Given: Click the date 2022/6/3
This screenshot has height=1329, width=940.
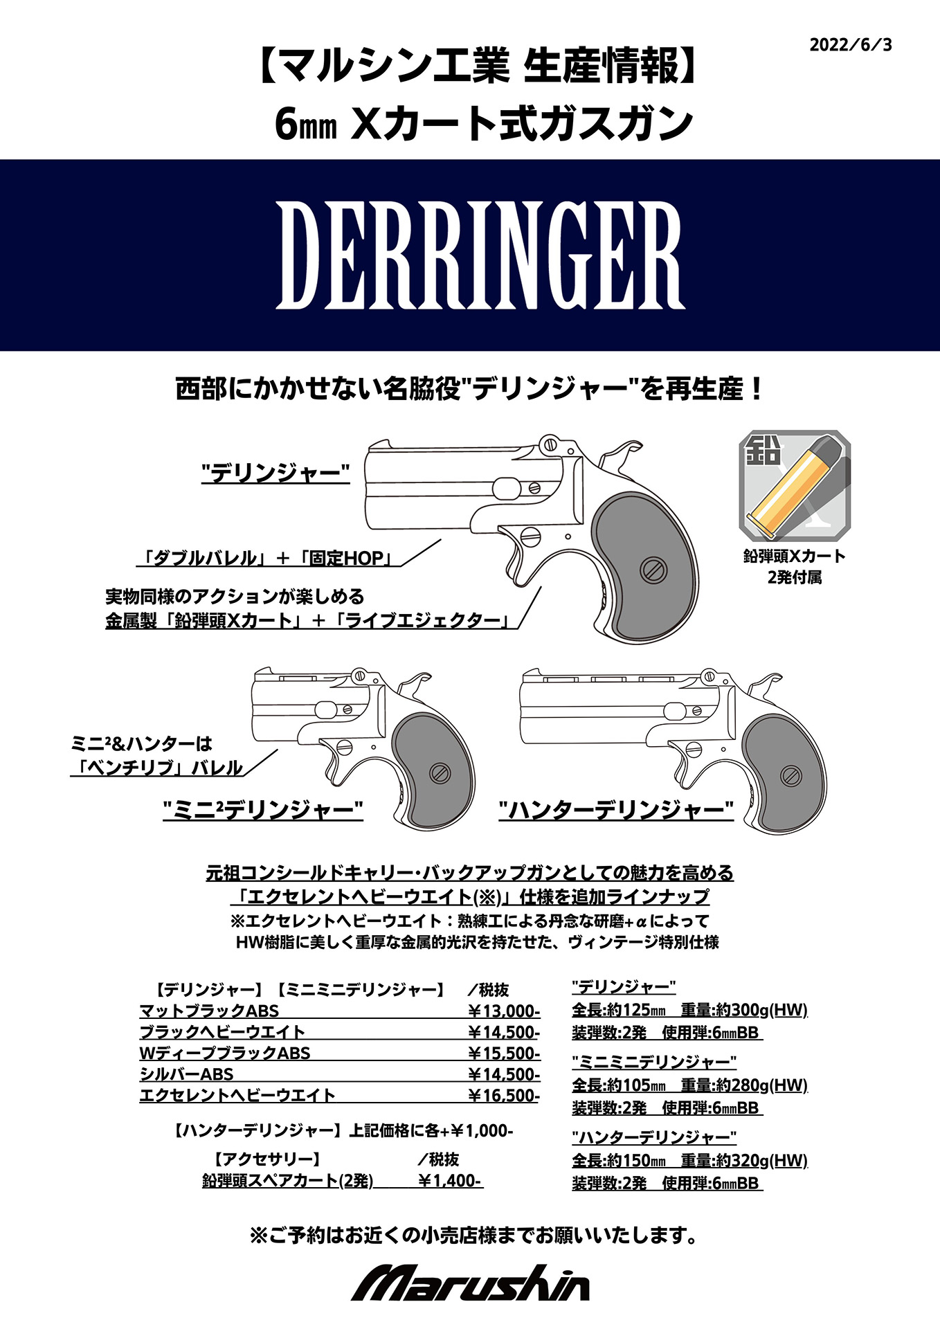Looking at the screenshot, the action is click(851, 45).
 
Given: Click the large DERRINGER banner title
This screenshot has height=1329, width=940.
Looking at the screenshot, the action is click(480, 256).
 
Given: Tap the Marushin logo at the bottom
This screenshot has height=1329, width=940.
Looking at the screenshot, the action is click(470, 1285).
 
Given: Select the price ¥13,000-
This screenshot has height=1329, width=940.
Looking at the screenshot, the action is click(504, 1011).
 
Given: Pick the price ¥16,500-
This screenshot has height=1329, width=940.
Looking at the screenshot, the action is click(504, 1095).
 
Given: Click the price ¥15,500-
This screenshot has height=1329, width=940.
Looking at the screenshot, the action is click(504, 1053).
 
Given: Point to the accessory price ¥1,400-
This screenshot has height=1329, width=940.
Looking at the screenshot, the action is click(450, 1180).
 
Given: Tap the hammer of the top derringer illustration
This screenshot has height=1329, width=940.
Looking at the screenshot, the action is click(621, 457).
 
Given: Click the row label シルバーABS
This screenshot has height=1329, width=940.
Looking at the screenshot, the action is click(187, 1074).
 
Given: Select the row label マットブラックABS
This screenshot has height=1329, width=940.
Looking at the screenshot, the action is click(209, 1011).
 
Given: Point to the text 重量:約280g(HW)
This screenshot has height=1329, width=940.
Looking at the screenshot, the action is click(744, 1085).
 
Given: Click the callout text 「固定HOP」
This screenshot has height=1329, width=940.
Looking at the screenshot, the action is click(350, 558).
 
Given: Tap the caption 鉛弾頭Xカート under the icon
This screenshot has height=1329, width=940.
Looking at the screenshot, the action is click(795, 556).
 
